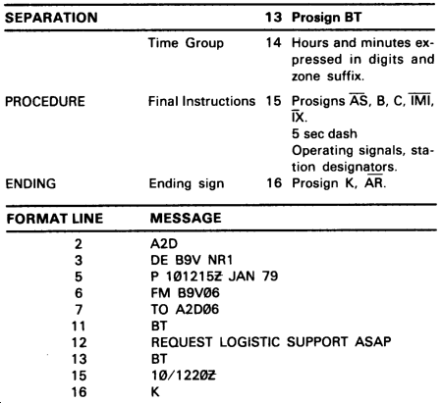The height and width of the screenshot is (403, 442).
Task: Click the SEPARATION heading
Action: click(51, 18)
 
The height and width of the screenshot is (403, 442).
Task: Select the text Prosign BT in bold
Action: click(326, 18)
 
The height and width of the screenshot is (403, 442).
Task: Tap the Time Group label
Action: click(186, 43)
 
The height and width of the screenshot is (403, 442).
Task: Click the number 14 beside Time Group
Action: click(273, 42)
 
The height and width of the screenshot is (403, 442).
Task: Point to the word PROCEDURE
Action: click(45, 101)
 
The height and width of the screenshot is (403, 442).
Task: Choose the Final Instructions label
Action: click(201, 101)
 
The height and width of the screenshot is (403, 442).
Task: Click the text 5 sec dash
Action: click(324, 134)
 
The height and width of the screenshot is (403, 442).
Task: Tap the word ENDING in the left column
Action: click(30, 183)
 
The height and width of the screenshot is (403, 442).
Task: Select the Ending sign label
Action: click(187, 183)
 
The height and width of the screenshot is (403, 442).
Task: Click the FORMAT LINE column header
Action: click(55, 219)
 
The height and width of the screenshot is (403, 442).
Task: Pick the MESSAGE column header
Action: click(186, 218)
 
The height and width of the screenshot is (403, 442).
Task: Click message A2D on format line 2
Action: click(164, 244)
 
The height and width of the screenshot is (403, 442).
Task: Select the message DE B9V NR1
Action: click(192, 260)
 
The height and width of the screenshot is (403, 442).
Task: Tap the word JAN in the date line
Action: click(242, 277)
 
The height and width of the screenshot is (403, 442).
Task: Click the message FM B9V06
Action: click(185, 293)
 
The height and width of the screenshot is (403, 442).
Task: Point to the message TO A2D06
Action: click(185, 309)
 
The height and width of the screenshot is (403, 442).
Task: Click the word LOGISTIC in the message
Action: click(249, 342)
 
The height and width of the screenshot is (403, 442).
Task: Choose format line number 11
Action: click(79, 327)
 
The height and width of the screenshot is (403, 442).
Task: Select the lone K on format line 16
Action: click(155, 391)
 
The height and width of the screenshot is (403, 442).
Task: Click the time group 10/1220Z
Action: click(184, 376)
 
